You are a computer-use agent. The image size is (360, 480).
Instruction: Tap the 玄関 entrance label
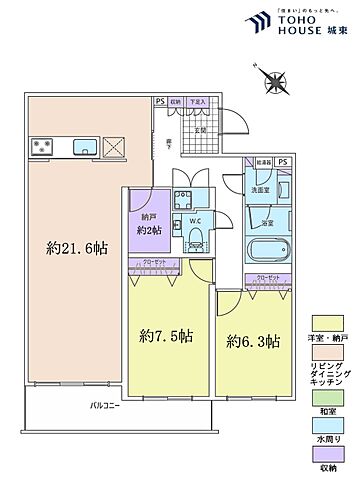point(201,129)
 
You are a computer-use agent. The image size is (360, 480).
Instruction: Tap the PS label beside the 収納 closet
point(159,101)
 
